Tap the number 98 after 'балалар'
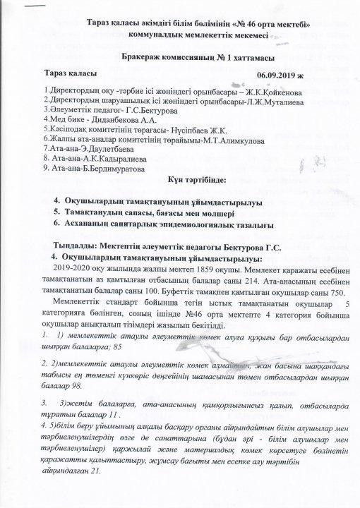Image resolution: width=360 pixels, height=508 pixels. (x=76, y=387)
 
